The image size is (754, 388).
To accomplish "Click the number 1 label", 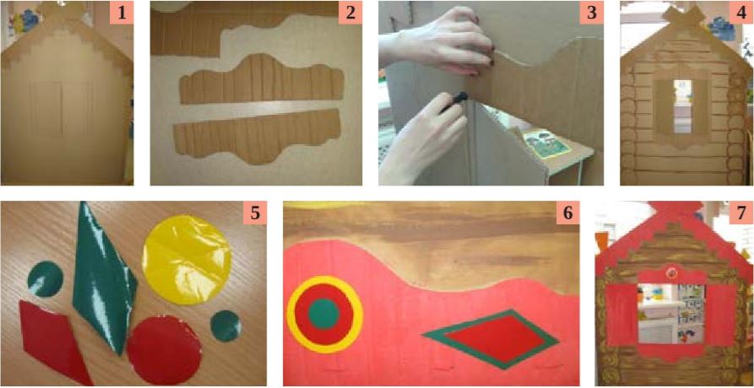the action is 122,13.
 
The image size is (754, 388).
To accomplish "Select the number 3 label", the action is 592,13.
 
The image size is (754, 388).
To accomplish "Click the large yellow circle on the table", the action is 187,259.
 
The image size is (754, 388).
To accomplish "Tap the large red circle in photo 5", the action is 165,350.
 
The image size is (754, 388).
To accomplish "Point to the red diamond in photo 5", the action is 53,341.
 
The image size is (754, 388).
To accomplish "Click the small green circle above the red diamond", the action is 46,278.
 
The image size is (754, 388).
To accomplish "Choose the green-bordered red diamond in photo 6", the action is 491,339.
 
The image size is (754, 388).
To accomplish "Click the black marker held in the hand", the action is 454,100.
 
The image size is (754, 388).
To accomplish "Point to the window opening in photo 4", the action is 682,106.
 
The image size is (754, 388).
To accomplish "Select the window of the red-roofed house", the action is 671,314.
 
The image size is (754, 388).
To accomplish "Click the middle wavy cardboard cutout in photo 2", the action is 262,78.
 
